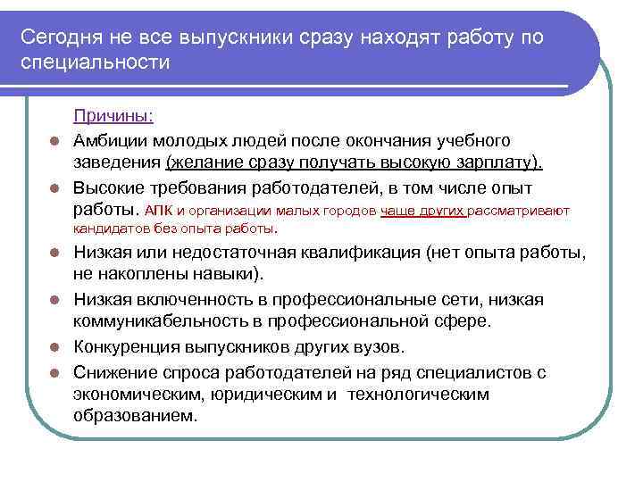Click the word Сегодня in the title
point(61,38)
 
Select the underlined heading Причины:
point(113,116)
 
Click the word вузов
point(380,345)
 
